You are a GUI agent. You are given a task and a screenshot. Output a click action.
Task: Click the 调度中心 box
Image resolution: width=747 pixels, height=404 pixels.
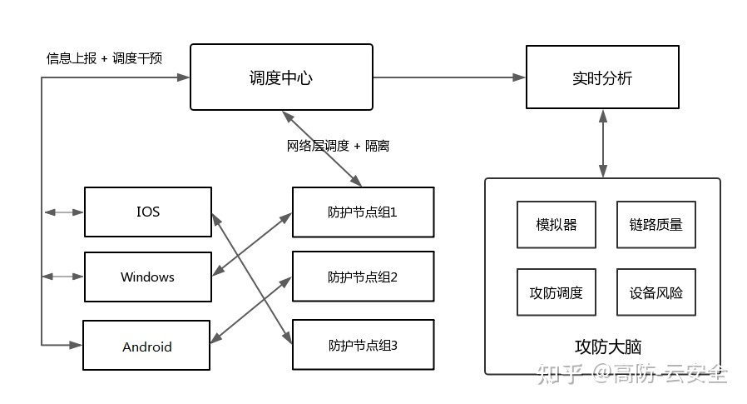(x=281, y=78)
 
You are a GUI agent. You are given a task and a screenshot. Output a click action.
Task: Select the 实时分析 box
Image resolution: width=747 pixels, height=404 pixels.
(x=601, y=78)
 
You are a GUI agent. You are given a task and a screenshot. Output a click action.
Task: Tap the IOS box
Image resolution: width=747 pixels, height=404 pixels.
(x=147, y=212)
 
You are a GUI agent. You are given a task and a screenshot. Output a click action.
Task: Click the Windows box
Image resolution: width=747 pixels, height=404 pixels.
(x=147, y=277)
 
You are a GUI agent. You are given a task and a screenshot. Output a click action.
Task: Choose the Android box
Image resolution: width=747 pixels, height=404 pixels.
(x=147, y=346)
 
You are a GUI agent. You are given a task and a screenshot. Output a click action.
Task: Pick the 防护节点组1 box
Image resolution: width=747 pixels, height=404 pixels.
(x=363, y=212)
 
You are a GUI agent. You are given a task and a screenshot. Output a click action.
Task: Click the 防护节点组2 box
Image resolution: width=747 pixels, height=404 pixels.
(x=363, y=277)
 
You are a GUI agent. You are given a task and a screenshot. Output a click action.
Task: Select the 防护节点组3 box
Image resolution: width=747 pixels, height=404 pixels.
(x=363, y=344)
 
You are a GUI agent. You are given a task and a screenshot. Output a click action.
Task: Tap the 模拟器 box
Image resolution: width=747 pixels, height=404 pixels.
(x=557, y=225)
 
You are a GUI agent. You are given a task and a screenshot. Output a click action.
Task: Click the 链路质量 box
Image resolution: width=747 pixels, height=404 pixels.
(x=656, y=225)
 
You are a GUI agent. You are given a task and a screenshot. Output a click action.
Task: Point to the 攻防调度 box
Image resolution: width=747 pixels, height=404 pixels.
(x=557, y=292)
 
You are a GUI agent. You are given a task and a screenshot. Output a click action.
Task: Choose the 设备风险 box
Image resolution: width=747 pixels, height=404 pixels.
(x=656, y=292)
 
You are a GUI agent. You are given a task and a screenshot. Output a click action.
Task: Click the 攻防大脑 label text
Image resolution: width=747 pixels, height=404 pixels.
(x=608, y=346)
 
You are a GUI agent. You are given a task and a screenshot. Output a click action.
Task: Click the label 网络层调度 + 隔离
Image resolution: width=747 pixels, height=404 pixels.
(x=338, y=146)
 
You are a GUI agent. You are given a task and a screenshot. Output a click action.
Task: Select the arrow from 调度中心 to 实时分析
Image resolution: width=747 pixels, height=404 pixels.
(x=449, y=77)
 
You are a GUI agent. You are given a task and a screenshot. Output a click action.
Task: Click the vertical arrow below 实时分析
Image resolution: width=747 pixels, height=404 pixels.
(x=601, y=143)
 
